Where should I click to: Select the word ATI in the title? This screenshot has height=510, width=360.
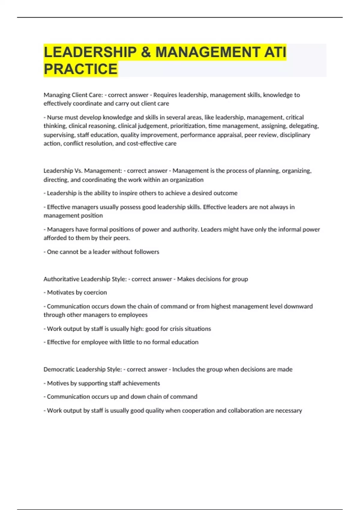point(275,52)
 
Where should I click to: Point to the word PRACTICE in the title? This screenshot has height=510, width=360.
point(80,69)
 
